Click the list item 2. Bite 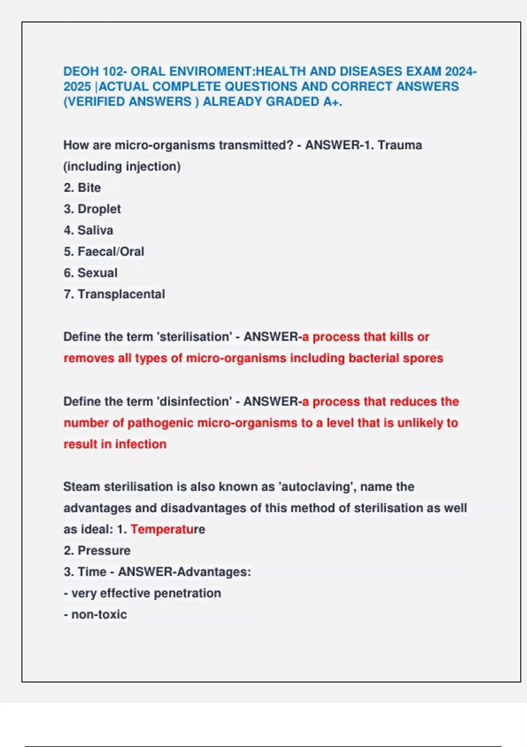82,188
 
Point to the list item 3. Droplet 92,209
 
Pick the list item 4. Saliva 88,230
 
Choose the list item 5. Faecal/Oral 104,251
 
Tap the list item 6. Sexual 90,273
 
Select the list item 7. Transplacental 114,294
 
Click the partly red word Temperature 168,529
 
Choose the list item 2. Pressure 97,551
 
